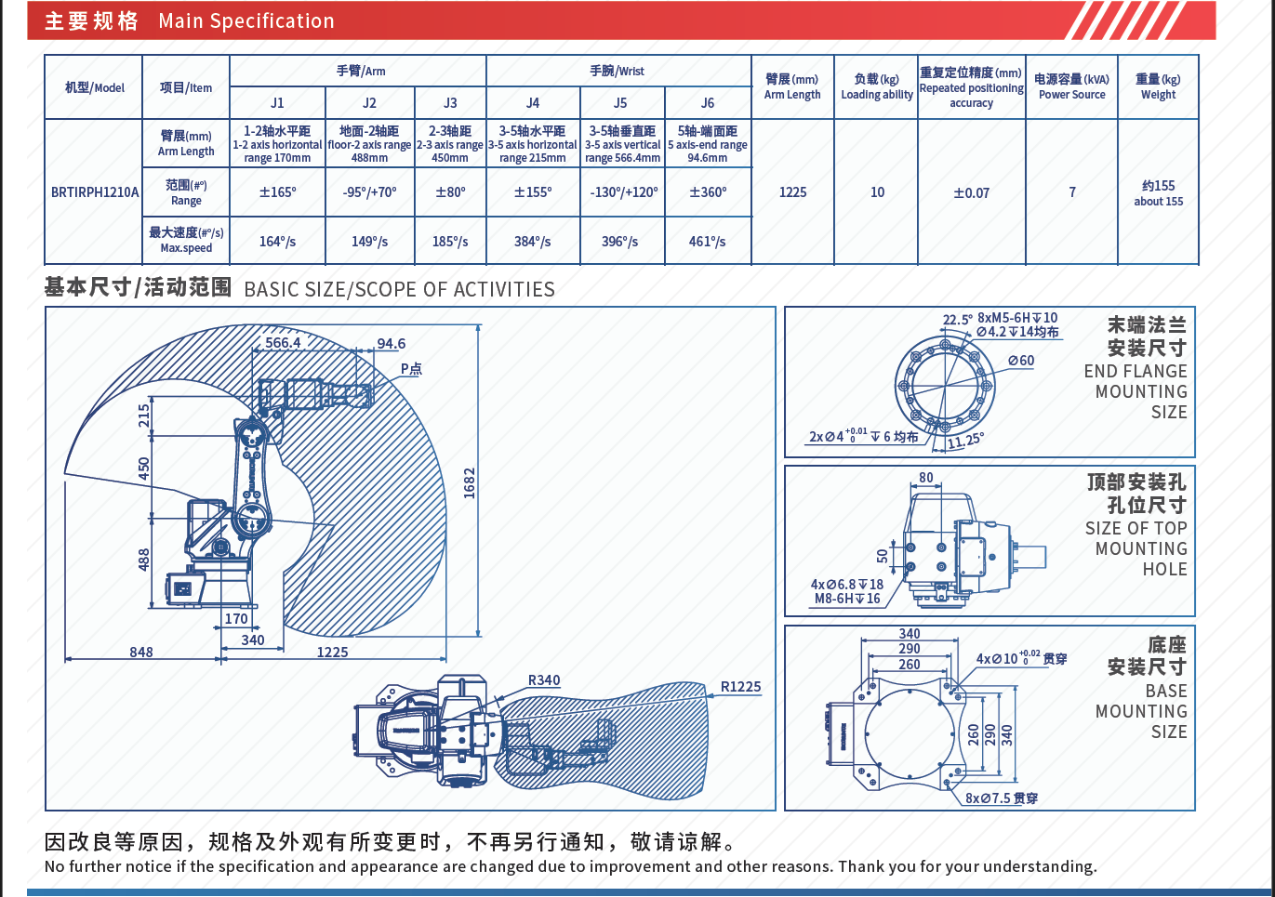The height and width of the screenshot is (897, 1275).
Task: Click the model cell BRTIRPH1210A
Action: click(94, 192)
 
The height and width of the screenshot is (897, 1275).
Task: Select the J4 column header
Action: click(532, 103)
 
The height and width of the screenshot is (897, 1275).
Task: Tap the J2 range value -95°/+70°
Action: click(369, 192)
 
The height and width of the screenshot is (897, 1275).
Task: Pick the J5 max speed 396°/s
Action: click(619, 242)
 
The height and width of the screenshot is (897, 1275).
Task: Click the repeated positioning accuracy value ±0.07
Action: click(971, 193)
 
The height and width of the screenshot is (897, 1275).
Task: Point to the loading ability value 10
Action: click(877, 192)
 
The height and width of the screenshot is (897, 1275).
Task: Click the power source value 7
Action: click(1072, 192)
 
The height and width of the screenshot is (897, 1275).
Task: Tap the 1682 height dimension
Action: click(469, 482)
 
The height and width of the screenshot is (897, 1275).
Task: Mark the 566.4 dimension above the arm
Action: click(283, 342)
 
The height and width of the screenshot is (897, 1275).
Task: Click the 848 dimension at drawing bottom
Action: click(141, 652)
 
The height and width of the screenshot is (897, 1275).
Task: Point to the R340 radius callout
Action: click(544, 680)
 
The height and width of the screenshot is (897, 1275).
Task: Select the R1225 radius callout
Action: click(740, 687)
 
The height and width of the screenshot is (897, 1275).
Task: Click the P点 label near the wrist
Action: click(411, 369)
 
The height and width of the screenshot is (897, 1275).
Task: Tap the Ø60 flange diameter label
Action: click(1021, 361)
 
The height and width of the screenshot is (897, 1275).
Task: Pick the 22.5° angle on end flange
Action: click(957, 320)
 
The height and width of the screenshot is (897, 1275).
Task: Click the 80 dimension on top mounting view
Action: click(925, 478)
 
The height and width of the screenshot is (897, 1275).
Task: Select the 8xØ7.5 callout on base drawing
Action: click(1001, 798)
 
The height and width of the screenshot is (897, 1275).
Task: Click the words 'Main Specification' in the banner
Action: click(246, 21)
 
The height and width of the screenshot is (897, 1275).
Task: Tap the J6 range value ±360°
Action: click(708, 192)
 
